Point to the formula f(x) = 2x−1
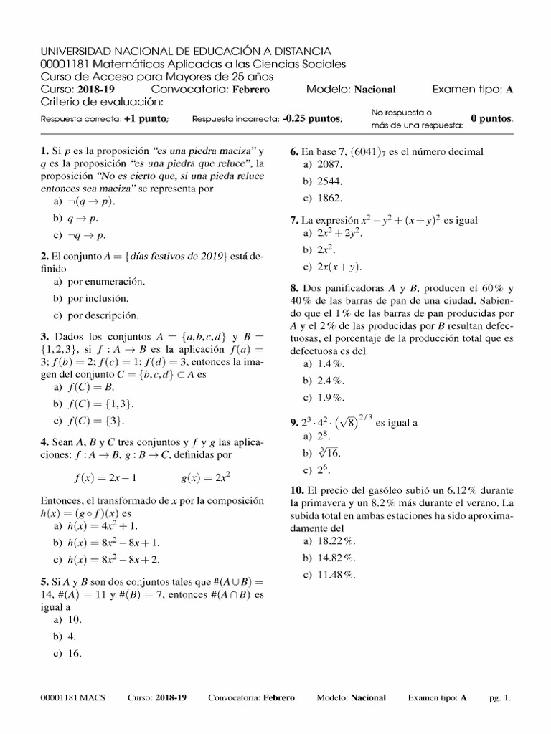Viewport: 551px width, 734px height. pyautogui.click(x=105, y=477)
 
